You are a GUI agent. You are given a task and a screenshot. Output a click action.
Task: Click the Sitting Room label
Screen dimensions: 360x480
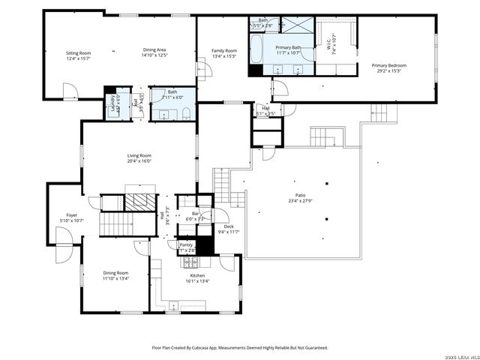(78, 52)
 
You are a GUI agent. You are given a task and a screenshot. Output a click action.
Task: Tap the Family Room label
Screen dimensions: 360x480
(224, 50)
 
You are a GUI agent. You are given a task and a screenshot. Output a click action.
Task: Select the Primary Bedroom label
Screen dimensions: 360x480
(386, 65)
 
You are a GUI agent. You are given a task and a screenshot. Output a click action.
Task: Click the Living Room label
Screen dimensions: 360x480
(139, 155)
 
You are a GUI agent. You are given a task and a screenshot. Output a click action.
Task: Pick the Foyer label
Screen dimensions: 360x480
(71, 214)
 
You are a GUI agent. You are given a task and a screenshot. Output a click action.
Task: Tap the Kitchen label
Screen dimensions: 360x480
(197, 275)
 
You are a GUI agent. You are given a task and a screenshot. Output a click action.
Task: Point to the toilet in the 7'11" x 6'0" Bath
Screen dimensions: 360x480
(184, 114)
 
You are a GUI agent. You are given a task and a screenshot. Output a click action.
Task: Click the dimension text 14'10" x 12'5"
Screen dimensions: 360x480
(155, 55)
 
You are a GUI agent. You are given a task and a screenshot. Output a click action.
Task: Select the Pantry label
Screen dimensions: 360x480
(187, 244)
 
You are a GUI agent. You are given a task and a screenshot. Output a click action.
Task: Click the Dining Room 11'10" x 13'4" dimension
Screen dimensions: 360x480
(116, 277)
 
